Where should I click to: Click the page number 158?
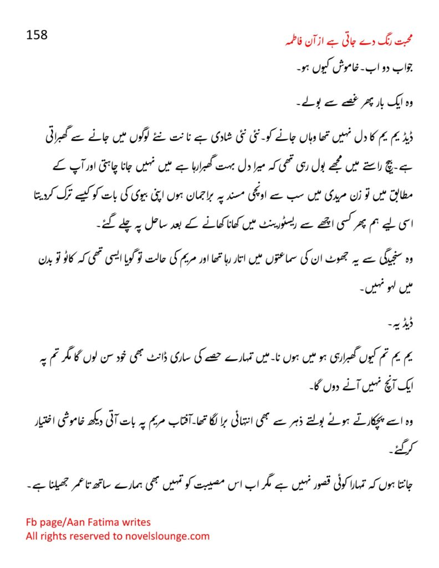point(37,34)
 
